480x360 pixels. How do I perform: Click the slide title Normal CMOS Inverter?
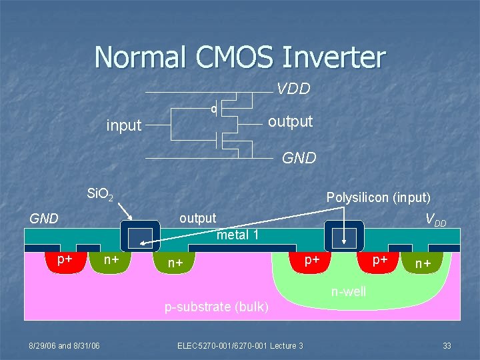[x=240, y=57]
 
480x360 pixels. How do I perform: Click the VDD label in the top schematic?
[x=294, y=89]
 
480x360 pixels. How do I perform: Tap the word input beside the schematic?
[x=124, y=125]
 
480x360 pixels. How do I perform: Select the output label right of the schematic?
[x=290, y=121]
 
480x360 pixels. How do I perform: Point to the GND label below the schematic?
[x=299, y=159]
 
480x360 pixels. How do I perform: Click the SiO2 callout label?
[x=101, y=195]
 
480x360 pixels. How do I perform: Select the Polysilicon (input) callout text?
[x=378, y=197]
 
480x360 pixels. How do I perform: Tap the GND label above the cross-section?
[x=44, y=219]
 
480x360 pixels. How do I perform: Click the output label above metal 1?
[x=198, y=218]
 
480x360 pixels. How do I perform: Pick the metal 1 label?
[x=238, y=235]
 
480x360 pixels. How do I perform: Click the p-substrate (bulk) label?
[x=217, y=307]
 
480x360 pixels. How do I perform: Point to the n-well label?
[x=349, y=291]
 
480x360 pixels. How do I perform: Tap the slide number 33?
[x=447, y=345]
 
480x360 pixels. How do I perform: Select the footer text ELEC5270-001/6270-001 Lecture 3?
[x=240, y=345]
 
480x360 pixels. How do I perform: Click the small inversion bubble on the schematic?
[x=213, y=108]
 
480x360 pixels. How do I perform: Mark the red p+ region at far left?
[x=65, y=261]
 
